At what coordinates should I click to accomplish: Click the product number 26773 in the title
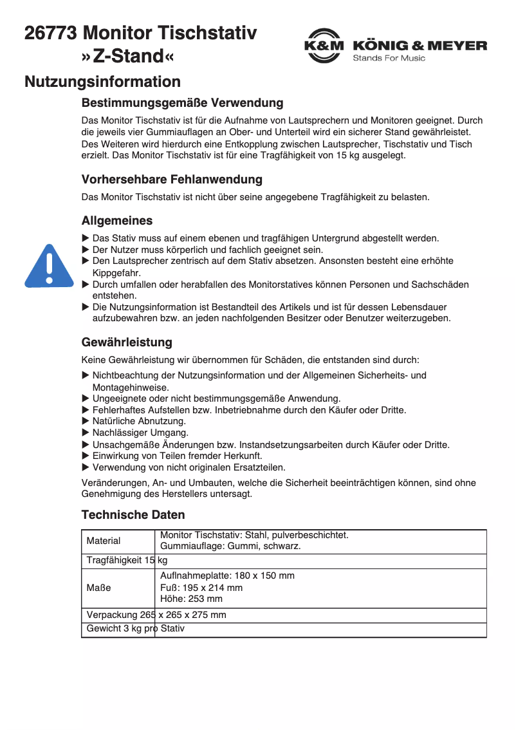(51, 33)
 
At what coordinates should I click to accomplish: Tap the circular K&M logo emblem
(324, 46)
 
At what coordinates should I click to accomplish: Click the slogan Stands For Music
(389, 59)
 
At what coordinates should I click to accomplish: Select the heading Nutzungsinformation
(102, 82)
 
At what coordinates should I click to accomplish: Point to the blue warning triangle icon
(49, 266)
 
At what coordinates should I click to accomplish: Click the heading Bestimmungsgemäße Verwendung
(182, 103)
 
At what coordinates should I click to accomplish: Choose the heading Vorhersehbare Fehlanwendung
(172, 179)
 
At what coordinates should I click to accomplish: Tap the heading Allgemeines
(117, 221)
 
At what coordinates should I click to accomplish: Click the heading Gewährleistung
(127, 342)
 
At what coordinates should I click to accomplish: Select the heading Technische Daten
(133, 514)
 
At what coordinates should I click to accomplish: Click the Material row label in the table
(104, 541)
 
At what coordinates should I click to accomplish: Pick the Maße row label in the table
(98, 588)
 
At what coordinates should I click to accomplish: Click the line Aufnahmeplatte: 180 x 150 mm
(227, 576)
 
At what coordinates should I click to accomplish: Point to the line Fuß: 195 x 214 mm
(201, 587)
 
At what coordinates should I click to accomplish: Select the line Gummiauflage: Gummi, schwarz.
(230, 546)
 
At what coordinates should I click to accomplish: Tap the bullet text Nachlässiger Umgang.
(140, 433)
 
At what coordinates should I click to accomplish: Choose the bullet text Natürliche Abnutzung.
(139, 421)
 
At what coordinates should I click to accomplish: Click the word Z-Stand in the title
(128, 57)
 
